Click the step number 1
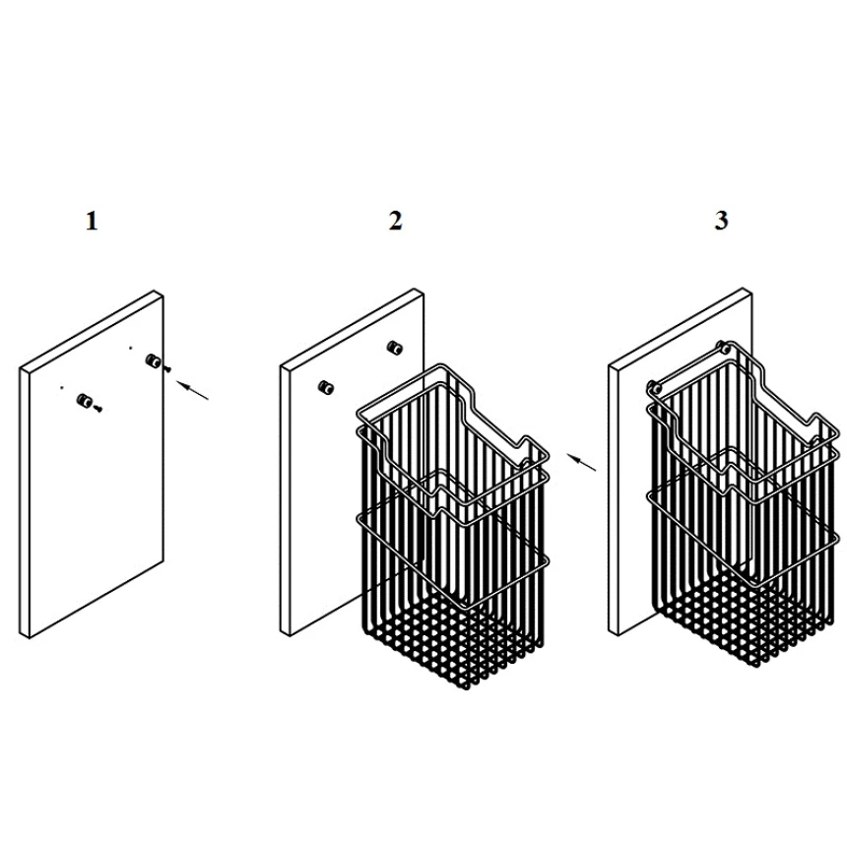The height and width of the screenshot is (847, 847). (x=92, y=221)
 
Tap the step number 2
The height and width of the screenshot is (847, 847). (x=395, y=221)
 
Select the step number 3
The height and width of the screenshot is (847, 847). (x=721, y=221)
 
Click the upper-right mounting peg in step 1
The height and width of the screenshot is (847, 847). (x=152, y=360)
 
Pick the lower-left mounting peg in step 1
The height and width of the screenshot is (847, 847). (x=85, y=400)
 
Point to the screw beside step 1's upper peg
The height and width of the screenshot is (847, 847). (x=166, y=369)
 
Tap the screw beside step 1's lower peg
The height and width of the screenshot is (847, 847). (x=98, y=410)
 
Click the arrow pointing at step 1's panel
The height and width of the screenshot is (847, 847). (x=193, y=391)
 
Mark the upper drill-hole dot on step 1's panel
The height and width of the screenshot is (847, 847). (x=130, y=348)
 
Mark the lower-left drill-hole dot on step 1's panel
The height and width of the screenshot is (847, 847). (x=62, y=387)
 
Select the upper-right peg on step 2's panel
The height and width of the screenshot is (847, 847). (x=395, y=348)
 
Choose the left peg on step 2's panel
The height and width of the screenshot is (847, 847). (x=325, y=387)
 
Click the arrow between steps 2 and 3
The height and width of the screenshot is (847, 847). (x=582, y=462)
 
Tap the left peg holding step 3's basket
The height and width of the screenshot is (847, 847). (x=654, y=386)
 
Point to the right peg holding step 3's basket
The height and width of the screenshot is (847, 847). (x=723, y=347)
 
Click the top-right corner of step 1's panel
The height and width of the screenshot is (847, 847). (x=163, y=295)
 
